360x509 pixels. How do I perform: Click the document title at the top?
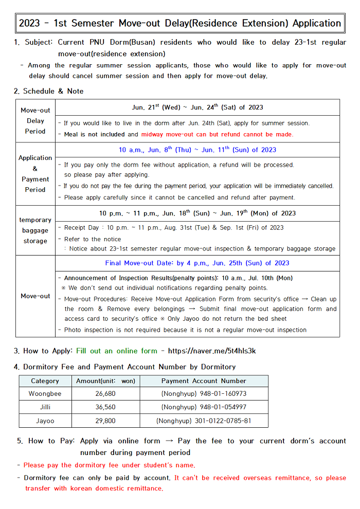pos(179,23)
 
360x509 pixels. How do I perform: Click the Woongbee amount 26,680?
pos(105,394)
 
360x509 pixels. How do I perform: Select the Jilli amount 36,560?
pos(105,407)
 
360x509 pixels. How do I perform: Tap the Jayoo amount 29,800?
pos(105,421)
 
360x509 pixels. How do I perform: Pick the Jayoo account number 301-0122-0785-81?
pos(204,421)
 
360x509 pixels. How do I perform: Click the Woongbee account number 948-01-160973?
pos(204,394)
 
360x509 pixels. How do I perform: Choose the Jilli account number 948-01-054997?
pos(204,407)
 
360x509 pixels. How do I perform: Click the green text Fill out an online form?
pos(117,351)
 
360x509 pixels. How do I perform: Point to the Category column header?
pos(45,381)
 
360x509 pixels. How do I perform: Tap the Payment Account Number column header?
pos(204,381)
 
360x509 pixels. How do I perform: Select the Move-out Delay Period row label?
pos(35,121)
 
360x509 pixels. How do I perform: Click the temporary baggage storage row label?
pos(35,230)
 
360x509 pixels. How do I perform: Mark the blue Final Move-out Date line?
pos(197,263)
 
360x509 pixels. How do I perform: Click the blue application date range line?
pos(197,150)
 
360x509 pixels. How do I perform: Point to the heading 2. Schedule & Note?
pos(48,91)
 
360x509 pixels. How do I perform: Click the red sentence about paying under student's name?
pos(109,465)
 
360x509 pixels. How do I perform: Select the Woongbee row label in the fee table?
pos(45,394)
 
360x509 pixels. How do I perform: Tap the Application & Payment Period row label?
pos(35,174)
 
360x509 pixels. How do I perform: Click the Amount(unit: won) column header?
pos(105,381)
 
